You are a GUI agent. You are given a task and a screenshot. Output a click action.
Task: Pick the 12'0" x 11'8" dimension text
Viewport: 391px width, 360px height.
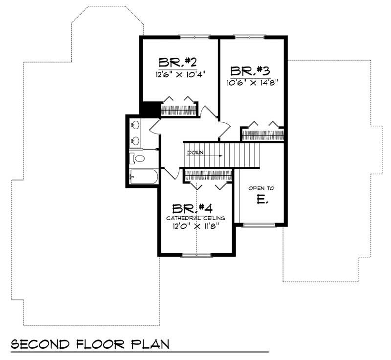195,226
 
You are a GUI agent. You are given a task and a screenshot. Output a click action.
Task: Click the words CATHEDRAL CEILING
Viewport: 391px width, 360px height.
195,218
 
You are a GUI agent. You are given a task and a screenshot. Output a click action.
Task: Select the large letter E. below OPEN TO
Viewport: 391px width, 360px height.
260,200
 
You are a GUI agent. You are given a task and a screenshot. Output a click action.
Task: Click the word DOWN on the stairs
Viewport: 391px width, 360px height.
195,152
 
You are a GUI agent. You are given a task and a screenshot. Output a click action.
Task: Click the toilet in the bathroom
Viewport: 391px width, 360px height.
138,158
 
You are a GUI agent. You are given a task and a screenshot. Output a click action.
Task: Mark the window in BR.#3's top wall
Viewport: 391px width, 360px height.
250,36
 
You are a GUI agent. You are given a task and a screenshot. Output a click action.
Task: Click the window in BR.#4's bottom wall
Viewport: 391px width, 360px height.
195,254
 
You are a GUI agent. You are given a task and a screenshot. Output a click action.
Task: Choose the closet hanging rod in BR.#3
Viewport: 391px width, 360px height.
262,133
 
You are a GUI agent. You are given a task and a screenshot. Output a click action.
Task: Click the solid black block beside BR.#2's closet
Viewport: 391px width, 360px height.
151,108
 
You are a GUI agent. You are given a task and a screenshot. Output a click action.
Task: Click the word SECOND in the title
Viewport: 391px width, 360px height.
41,343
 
